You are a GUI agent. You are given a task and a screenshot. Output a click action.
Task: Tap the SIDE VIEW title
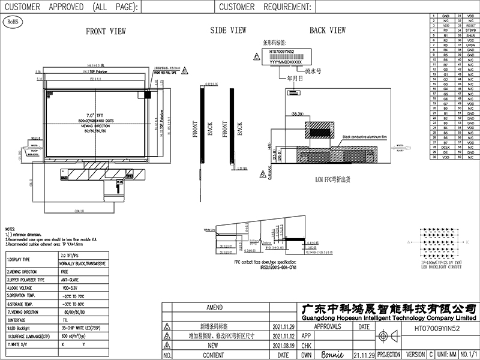(x=229, y=30)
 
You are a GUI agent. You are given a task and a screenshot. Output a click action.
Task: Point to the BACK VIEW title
(x=327, y=30)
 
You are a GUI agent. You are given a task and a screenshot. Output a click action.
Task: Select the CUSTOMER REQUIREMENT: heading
(x=265, y=7)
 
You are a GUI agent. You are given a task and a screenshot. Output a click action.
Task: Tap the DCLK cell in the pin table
(x=445, y=146)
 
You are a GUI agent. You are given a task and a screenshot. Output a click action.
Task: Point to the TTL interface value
(x=65, y=320)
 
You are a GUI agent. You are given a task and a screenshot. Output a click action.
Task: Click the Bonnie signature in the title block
(x=334, y=353)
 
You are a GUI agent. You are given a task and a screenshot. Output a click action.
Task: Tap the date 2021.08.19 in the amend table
(x=284, y=346)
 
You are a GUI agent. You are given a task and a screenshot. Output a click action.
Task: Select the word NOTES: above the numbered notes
(x=10, y=230)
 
